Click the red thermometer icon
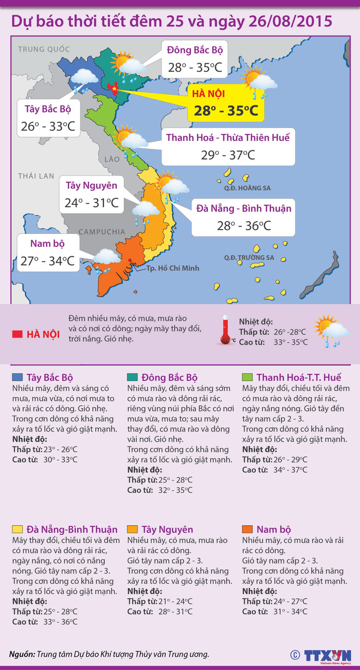[x=225, y=331]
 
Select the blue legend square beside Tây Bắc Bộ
[x=17, y=377]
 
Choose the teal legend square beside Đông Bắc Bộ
[x=131, y=377]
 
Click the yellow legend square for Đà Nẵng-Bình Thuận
[x=17, y=529]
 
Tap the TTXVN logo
[x=327, y=654]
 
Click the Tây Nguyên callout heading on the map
[x=92, y=185]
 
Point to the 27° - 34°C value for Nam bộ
[x=47, y=261]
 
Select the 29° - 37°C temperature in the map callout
[x=228, y=155]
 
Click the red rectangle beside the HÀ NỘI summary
[x=17, y=334]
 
